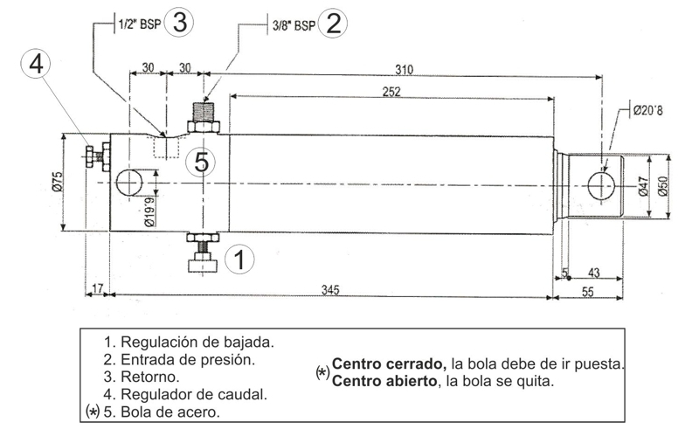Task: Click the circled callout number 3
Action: pos(179,23)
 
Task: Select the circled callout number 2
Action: pos(333,24)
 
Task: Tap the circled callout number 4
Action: pos(36,64)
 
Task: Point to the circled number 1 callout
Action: pos(239,259)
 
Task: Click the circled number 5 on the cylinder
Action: pos(201,162)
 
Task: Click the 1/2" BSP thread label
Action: pos(139,24)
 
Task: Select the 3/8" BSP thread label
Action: pos(294,25)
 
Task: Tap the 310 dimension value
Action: pos(404,70)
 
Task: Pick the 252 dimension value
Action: pos(391,92)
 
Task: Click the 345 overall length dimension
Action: pos(330,290)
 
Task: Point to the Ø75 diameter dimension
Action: pos(58,182)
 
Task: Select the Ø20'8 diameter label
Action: pos(648,110)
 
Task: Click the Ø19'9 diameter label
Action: pos(149,212)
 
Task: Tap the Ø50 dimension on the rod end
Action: pos(662,186)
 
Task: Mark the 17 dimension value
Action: pos(98,288)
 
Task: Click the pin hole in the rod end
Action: pos(601,186)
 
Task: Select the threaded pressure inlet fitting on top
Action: pos(204,117)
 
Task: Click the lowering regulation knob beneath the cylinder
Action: pos(203,252)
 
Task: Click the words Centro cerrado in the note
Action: pos(389,363)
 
